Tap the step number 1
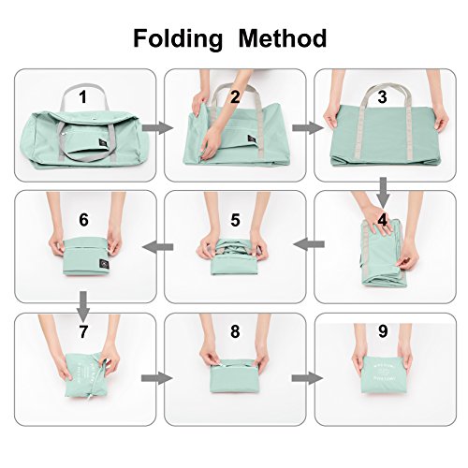(82, 96)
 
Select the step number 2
(235, 96)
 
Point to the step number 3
(383, 96)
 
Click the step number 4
(383, 222)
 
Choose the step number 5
(235, 222)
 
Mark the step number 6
(83, 220)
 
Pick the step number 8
(235, 331)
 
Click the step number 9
(383, 331)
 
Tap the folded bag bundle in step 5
(234, 257)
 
